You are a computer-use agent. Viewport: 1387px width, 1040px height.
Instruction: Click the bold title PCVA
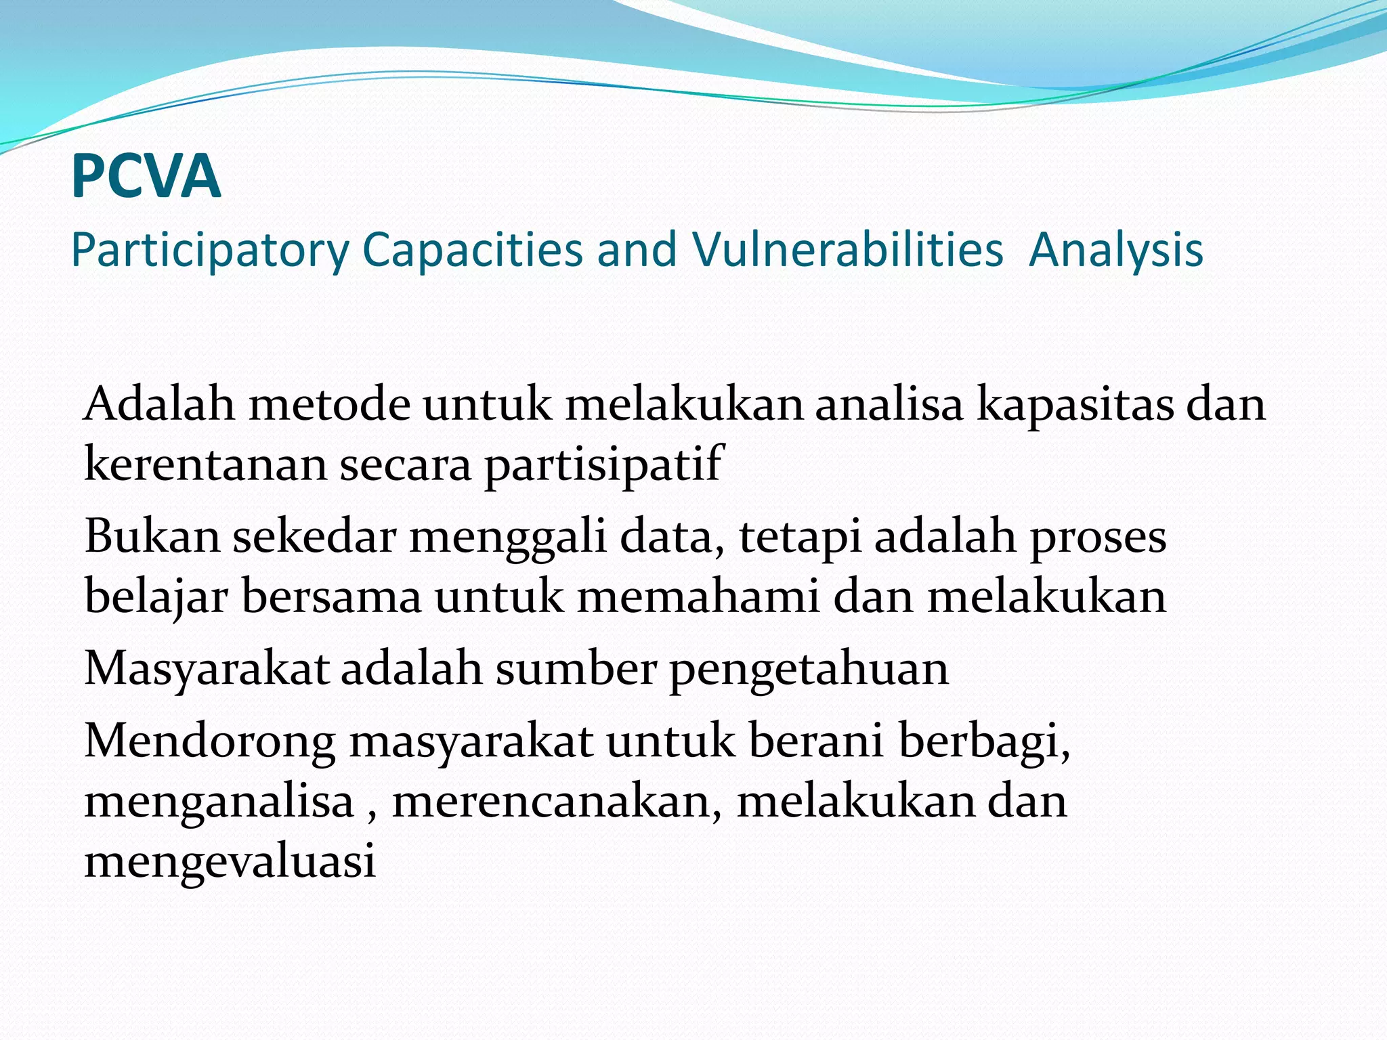click(x=146, y=177)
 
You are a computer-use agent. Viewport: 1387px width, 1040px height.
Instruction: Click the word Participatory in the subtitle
click(x=209, y=251)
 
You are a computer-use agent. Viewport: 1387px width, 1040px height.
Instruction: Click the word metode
click(x=329, y=405)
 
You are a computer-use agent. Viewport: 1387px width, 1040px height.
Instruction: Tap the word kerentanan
click(x=205, y=464)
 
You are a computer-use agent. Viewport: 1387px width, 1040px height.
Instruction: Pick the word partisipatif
click(x=603, y=464)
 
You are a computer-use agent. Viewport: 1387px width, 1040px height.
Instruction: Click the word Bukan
click(x=152, y=536)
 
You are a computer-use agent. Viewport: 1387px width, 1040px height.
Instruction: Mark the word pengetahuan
click(x=809, y=669)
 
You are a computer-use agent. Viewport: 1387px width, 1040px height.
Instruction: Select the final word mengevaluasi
click(x=230, y=861)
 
